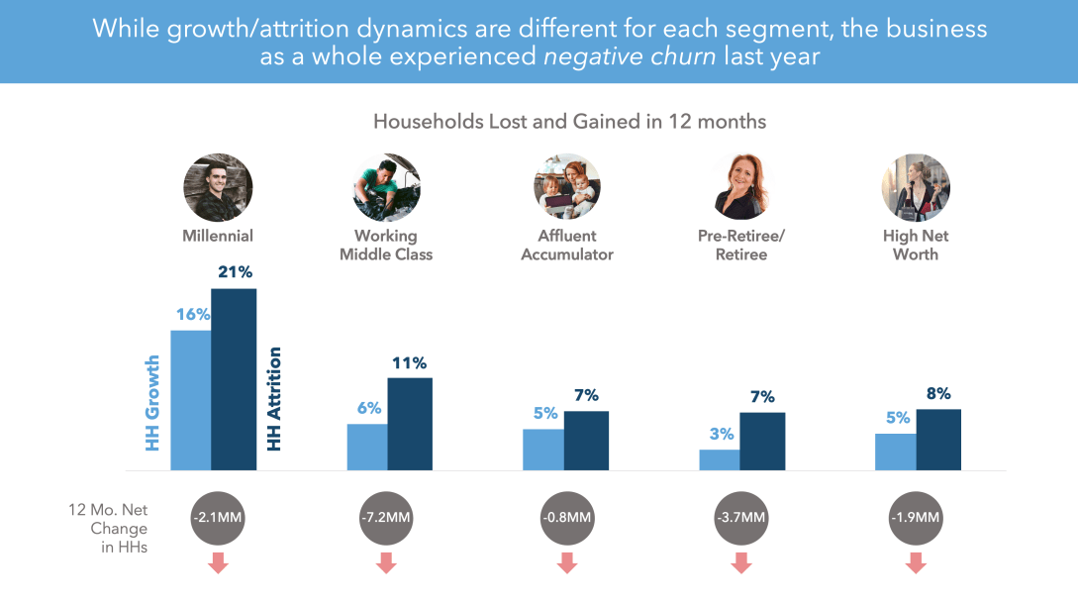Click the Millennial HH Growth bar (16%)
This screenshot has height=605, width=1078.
190,400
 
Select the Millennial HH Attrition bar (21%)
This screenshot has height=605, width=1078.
234,379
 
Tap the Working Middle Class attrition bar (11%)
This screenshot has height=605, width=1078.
410,424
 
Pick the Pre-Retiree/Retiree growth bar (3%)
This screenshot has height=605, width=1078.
719,459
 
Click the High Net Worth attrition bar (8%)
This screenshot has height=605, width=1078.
938,440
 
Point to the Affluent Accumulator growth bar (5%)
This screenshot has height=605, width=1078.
542,450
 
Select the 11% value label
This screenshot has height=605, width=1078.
408,362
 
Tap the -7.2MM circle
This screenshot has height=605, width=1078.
387,517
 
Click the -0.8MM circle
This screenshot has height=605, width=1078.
567,517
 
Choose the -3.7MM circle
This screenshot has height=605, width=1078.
740,517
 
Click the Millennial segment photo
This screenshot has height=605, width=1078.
218,187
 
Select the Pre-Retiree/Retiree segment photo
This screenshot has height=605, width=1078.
740,187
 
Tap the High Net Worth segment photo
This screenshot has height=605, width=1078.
916,187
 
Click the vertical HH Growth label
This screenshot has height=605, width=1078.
152,404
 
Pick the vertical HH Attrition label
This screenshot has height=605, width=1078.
275,399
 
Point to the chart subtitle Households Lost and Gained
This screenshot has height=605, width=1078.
569,122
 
